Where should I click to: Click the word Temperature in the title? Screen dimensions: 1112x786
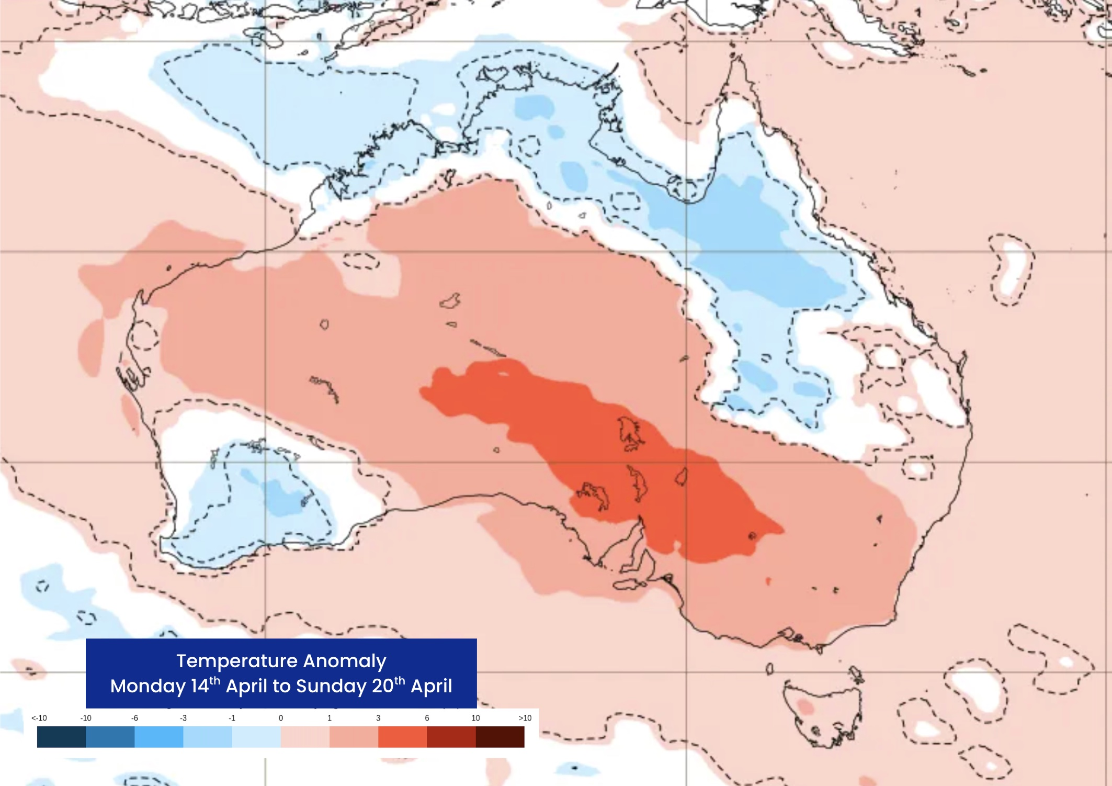tap(237, 661)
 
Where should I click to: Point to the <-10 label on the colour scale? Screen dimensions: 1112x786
tap(39, 718)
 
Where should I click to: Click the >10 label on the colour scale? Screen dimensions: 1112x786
tap(525, 718)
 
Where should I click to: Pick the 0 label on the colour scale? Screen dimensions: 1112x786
tap(281, 718)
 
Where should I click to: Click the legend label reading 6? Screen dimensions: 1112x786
tap(427, 718)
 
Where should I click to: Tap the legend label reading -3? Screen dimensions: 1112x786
tap(183, 718)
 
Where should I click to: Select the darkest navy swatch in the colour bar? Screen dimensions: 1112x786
tap(61, 737)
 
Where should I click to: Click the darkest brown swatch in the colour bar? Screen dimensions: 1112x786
tap(500, 737)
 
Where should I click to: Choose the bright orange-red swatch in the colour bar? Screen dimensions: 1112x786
tap(402, 737)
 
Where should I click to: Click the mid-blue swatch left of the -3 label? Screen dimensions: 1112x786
tap(159, 737)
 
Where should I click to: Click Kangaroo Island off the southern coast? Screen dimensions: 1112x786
tap(630, 585)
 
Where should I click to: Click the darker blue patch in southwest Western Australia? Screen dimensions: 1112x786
tap(282, 497)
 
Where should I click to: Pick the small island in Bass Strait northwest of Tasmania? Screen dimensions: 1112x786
tap(769, 668)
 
